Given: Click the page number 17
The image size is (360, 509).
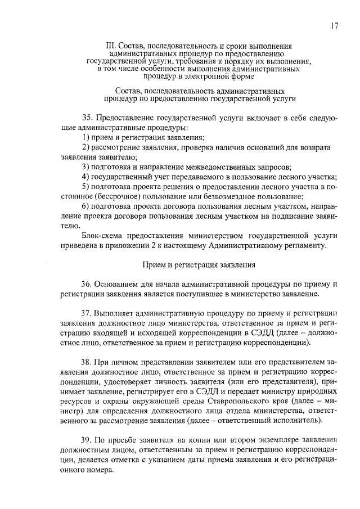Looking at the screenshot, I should (x=334, y=25).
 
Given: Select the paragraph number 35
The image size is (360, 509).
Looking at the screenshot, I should (x=87, y=118).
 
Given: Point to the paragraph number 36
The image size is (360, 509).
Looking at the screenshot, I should (x=87, y=284).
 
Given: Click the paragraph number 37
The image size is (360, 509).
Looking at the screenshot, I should (x=87, y=313).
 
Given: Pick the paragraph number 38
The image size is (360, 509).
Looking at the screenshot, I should (x=87, y=362).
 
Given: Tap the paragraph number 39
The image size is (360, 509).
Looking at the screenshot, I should (x=87, y=439).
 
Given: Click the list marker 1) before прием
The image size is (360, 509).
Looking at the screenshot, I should (x=85, y=137).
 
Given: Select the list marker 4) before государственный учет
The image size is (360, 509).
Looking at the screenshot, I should (x=85, y=177).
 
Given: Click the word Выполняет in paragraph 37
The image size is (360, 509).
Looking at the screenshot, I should (x=116, y=313).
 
